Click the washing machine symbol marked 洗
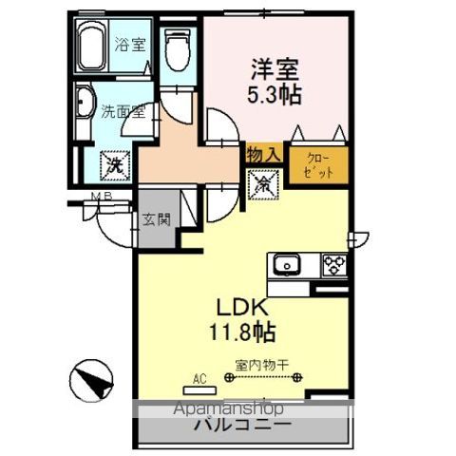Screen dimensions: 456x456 (114, 164)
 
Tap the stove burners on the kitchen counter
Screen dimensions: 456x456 (334, 265)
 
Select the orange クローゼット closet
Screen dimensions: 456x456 (316, 167)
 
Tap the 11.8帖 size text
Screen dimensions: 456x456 (244, 332)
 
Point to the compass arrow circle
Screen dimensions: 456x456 (91, 383)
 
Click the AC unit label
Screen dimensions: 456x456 (199, 379)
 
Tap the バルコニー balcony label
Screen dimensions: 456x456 (243, 427)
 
